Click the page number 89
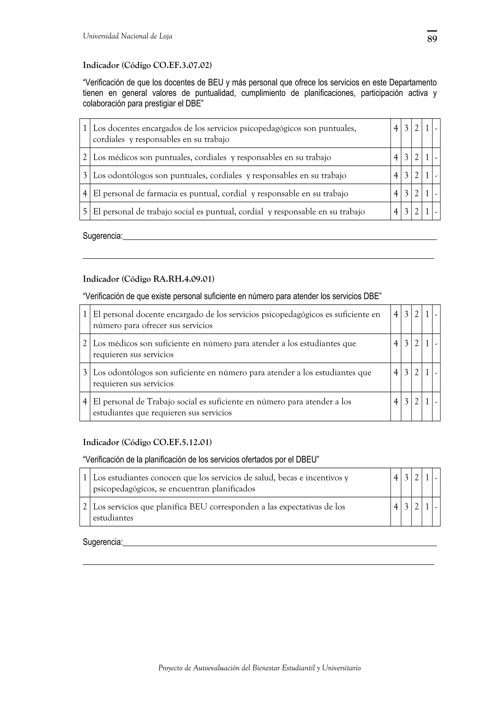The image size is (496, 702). point(432,39)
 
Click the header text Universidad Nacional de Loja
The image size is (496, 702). point(127,36)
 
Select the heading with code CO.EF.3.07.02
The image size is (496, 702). point(147,65)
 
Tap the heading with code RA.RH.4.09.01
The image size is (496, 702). point(148,279)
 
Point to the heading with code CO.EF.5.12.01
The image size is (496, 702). point(147,442)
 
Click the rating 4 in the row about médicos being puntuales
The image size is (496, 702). point(396,157)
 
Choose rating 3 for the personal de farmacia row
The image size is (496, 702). point(406,194)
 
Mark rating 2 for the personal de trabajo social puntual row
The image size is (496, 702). point(417,211)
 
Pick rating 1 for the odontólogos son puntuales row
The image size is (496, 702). point(427,175)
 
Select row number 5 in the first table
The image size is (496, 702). point(85,211)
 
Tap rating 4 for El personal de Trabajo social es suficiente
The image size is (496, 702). point(396,402)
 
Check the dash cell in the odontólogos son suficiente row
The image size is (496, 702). point(436,373)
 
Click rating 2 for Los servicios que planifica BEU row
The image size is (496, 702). point(417,507)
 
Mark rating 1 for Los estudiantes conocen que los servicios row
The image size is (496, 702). point(427,478)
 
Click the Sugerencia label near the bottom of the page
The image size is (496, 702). point(103,542)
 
